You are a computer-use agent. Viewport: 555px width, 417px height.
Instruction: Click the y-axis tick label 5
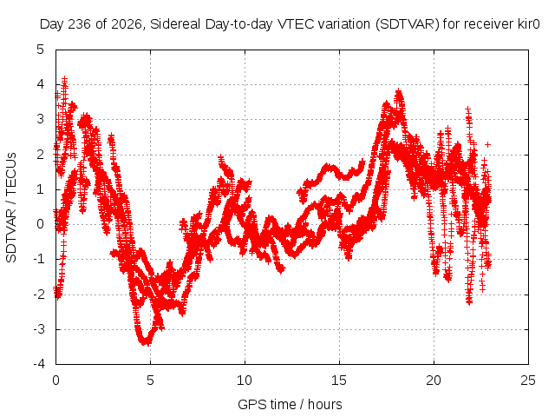pyautogui.click(x=41, y=50)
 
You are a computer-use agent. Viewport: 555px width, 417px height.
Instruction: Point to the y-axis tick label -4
pyautogui.click(x=38, y=364)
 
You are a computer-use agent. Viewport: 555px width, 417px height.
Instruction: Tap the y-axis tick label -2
pyautogui.click(x=38, y=294)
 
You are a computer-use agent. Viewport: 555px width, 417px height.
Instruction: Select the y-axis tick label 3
pyautogui.click(x=41, y=119)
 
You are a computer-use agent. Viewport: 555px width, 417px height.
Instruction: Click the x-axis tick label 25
pyautogui.click(x=528, y=381)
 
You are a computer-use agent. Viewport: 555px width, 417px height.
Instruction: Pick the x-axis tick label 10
pyautogui.click(x=245, y=381)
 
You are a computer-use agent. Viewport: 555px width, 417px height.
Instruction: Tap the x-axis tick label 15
pyautogui.click(x=339, y=381)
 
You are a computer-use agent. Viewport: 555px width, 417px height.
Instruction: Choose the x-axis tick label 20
pyautogui.click(x=434, y=381)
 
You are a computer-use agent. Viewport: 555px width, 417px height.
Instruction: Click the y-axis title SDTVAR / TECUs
pyautogui.click(x=11, y=208)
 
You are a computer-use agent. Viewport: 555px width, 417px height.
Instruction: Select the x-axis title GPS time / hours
pyautogui.click(x=290, y=404)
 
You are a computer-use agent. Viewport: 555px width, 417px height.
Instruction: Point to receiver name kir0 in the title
pyautogui.click(x=528, y=24)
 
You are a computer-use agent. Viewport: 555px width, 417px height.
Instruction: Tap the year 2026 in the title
pyautogui.click(x=127, y=24)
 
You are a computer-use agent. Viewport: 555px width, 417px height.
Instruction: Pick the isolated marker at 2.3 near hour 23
pyautogui.click(x=487, y=145)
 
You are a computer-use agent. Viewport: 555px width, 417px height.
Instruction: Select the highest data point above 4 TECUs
pyautogui.click(x=64, y=79)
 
